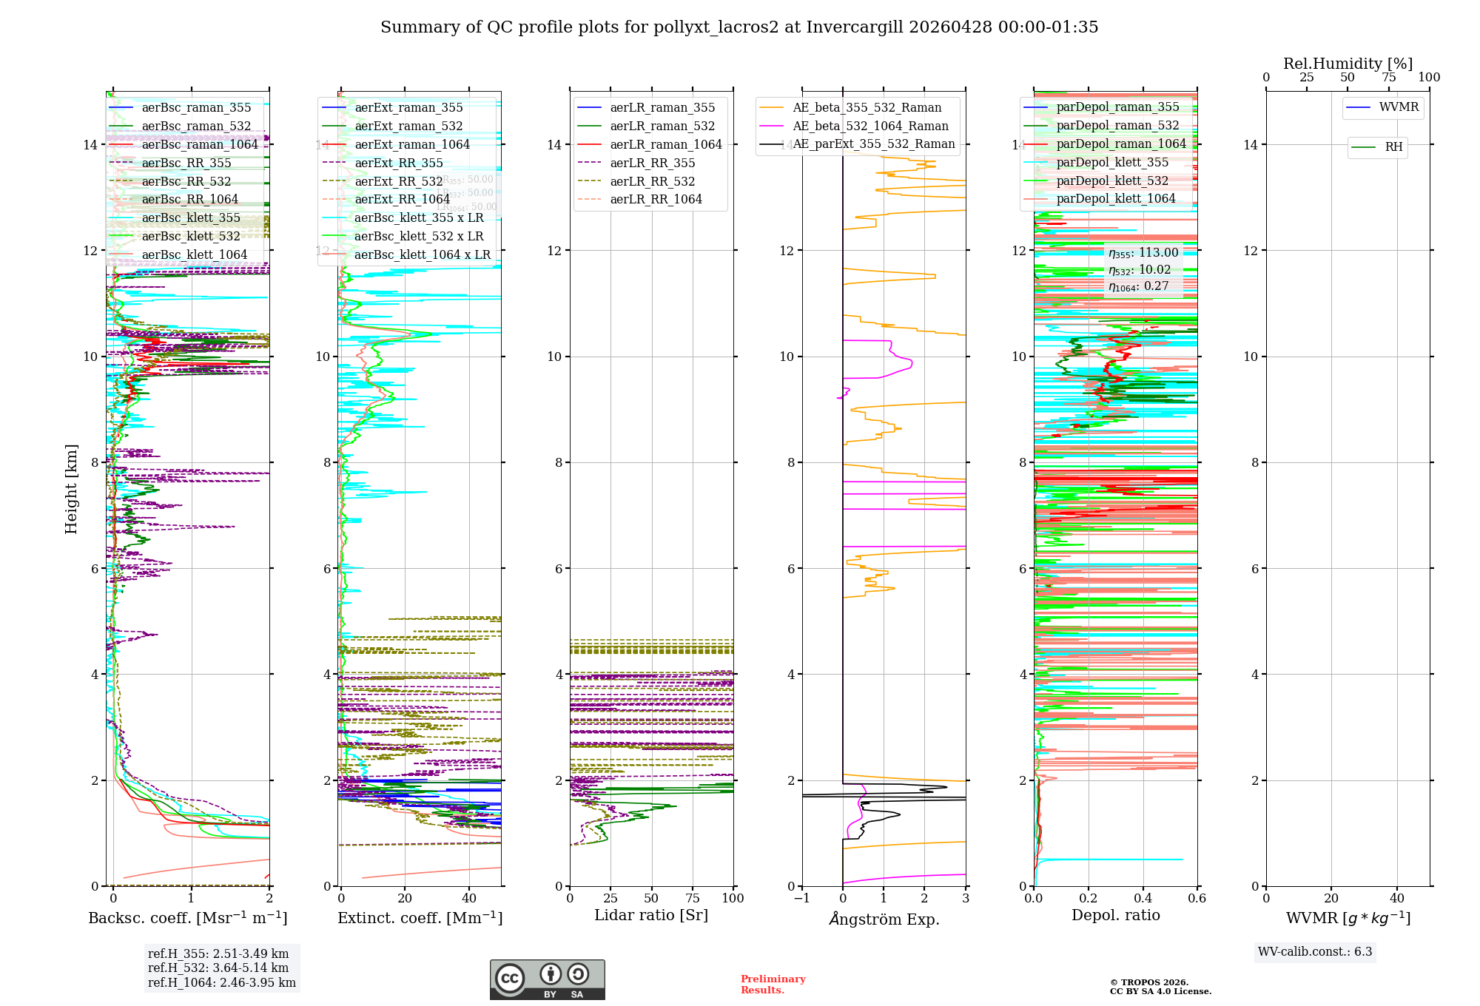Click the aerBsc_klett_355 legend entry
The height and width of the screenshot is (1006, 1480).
point(191,218)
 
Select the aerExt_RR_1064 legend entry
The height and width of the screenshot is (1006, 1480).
point(402,200)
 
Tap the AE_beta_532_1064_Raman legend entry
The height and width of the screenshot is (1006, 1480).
point(870,126)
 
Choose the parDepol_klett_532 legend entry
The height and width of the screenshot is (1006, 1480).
point(1112,181)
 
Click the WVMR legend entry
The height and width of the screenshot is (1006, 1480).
point(1399,107)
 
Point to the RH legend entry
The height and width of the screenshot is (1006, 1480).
point(1393,147)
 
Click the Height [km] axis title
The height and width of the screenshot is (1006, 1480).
point(71,489)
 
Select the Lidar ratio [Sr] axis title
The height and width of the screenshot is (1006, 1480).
point(651,916)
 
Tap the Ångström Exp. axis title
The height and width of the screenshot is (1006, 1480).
point(884,919)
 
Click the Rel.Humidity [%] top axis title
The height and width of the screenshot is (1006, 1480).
point(1348,64)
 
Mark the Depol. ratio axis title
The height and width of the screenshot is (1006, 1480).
point(1115,916)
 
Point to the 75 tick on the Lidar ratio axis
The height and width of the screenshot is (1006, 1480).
point(693,899)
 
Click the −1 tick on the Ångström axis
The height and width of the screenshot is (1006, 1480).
point(801,899)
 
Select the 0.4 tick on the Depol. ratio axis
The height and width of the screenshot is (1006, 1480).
point(1143,899)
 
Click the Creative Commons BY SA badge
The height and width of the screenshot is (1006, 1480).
point(547,979)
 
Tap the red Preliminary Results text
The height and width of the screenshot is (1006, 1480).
point(773,985)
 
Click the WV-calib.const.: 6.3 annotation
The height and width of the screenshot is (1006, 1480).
point(1314,952)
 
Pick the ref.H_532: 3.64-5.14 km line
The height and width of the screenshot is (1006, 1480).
point(218,968)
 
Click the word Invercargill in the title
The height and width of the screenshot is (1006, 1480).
point(855,27)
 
